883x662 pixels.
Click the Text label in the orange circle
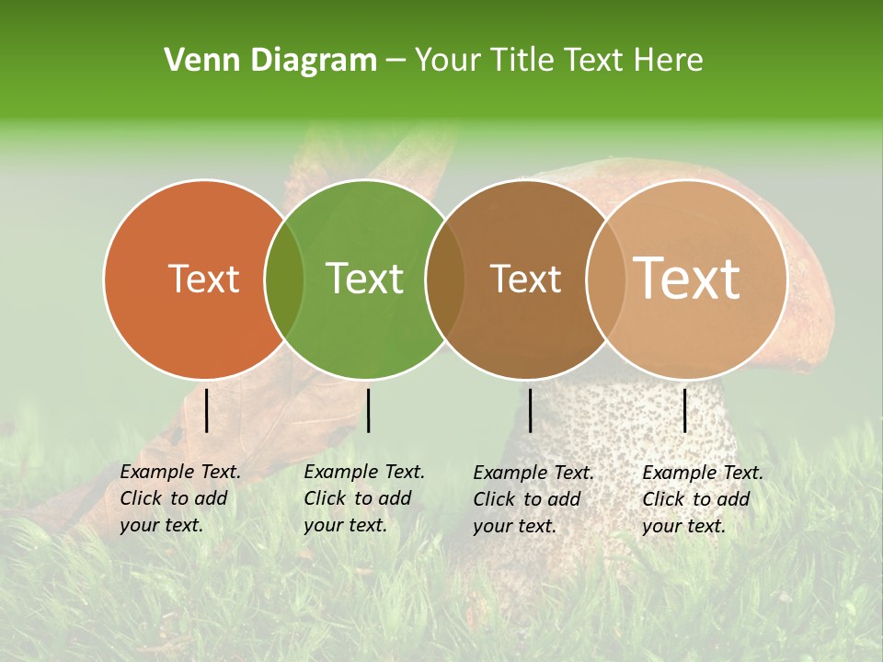click(x=203, y=279)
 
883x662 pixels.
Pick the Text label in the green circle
click(x=364, y=279)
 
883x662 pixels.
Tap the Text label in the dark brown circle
click(x=525, y=279)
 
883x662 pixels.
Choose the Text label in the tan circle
click(x=687, y=279)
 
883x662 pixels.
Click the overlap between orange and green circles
click(x=284, y=280)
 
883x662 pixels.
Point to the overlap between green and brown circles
click(x=445, y=280)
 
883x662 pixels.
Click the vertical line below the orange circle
click(x=207, y=410)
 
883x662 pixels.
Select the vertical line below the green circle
click(x=369, y=410)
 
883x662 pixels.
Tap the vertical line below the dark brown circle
click(x=531, y=410)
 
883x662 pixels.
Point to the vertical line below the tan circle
click(x=684, y=410)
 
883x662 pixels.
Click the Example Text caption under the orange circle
click(x=180, y=498)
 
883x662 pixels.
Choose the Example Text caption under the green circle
click(x=364, y=498)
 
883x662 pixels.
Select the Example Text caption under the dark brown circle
click(x=533, y=499)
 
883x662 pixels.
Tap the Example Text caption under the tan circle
click(x=703, y=499)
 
